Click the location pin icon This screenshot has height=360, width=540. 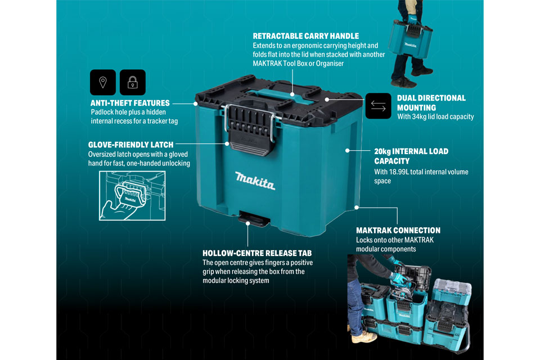pos(102,82)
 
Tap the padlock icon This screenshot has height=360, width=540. pos(133,82)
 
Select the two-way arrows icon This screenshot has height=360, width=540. pos(378,106)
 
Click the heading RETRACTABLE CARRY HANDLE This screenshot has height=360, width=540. pos(306,36)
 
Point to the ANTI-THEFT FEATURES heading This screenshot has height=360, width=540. pos(130,103)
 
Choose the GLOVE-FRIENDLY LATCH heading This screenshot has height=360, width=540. pos(131,145)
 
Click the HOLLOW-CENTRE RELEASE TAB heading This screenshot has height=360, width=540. pos(257,253)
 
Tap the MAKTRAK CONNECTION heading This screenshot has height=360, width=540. pos(398,231)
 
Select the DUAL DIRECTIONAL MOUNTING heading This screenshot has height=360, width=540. pos(431,103)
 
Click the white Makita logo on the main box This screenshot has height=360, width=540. pos(255,181)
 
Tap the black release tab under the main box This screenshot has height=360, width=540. pos(254,218)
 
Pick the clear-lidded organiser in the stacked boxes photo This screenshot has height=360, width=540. pos(452,291)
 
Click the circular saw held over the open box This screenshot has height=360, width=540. pos(403,289)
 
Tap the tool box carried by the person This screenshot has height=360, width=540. pos(410,39)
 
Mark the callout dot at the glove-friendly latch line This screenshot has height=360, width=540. pos(227,143)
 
